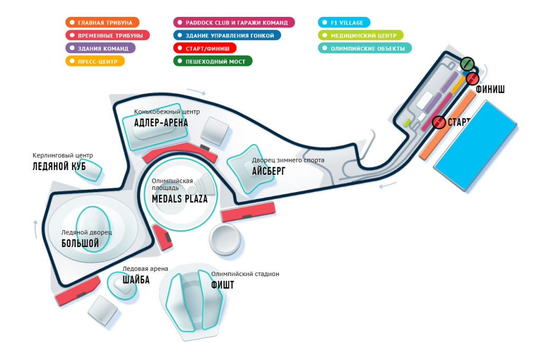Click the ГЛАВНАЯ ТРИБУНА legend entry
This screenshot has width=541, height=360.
point(102,22)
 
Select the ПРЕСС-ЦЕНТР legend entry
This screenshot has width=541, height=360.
point(95,61)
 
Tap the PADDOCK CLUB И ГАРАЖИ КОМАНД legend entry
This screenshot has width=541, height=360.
point(234,22)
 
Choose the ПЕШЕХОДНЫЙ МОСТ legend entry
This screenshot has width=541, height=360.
point(213,61)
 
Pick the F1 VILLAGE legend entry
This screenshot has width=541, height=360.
point(344,22)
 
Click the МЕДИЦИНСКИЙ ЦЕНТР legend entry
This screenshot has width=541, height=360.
point(360,35)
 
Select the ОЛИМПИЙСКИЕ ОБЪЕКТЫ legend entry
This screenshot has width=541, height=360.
point(365,48)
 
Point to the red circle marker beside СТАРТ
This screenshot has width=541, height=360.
point(439,122)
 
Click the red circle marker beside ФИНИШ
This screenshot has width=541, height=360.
point(472,79)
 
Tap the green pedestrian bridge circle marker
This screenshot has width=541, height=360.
point(467,64)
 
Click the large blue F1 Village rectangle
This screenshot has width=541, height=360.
point(475,145)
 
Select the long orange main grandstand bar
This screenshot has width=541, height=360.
point(447,125)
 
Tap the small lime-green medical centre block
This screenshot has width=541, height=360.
point(407,122)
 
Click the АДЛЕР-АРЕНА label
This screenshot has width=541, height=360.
point(161,122)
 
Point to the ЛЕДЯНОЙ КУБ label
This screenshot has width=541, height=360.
point(59,166)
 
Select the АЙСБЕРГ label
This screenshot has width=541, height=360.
point(268,170)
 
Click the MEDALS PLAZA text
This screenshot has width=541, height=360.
point(180,198)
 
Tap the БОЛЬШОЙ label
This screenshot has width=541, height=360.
point(80,243)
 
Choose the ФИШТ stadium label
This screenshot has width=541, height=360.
point(222,285)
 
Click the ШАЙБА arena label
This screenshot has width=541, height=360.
point(136,279)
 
